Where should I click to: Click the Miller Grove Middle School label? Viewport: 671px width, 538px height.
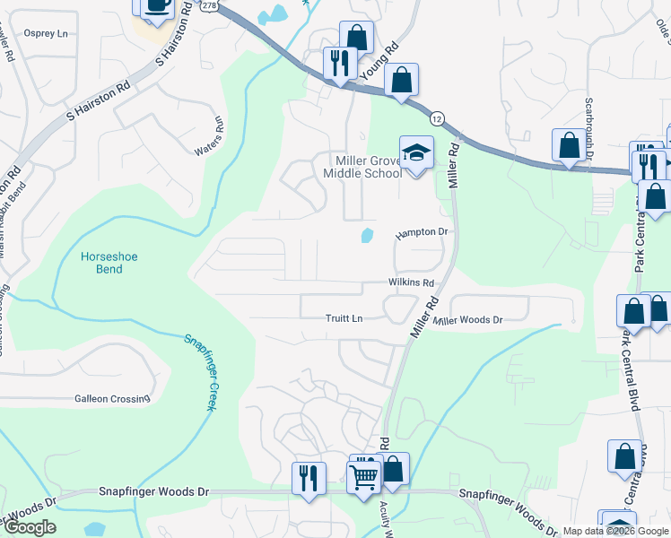363,166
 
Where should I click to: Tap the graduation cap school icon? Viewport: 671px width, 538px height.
416,152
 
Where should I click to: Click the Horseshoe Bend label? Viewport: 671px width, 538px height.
108,262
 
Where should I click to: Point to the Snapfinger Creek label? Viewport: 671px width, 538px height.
201,372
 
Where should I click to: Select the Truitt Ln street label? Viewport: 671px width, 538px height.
344,318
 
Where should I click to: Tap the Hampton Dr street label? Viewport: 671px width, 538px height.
422,232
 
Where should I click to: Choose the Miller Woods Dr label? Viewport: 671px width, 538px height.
467,320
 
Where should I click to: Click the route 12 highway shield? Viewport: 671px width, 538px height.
437,118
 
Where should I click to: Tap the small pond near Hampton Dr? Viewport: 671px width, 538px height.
367,236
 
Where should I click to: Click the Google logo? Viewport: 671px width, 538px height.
30,528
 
